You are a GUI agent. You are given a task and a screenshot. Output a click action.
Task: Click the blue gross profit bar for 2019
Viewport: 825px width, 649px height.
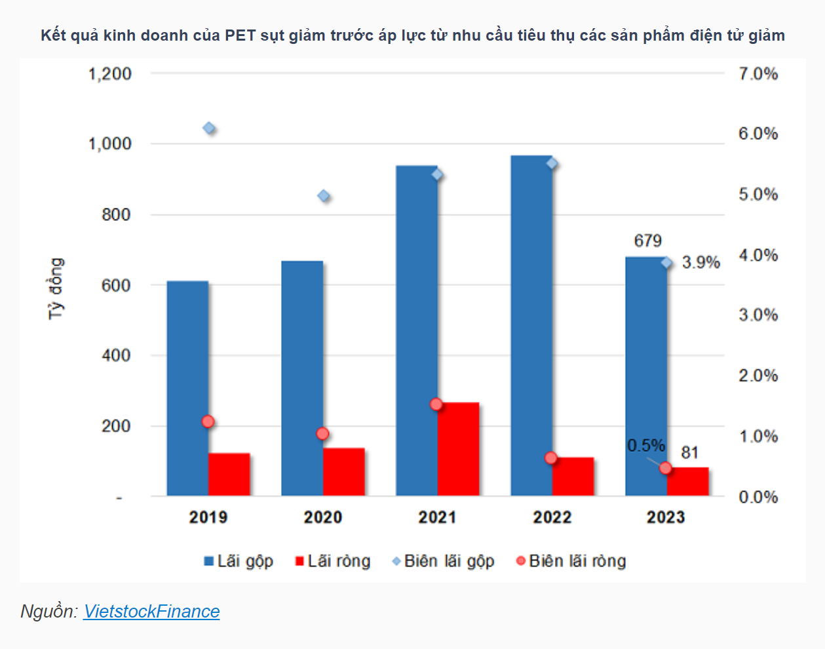pyautogui.click(x=187, y=388)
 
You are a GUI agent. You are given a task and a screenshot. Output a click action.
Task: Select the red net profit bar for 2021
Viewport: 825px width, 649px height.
pyautogui.click(x=459, y=449)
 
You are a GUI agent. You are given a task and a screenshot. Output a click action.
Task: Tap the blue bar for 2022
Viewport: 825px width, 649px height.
pyautogui.click(x=531, y=326)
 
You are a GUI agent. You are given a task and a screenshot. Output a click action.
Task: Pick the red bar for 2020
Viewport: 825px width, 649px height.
pyautogui.click(x=344, y=472)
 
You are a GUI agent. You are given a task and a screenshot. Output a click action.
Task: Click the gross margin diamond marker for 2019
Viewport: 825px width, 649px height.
pyautogui.click(x=209, y=128)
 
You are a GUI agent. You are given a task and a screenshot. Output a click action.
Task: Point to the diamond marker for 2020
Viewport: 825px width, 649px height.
pyautogui.click(x=324, y=196)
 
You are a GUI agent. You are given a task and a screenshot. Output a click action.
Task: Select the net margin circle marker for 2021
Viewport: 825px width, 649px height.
pyautogui.click(x=436, y=404)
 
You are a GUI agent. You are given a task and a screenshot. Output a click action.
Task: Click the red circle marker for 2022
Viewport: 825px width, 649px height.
pyautogui.click(x=551, y=458)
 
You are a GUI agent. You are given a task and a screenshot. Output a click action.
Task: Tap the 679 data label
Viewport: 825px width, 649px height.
pyautogui.click(x=648, y=241)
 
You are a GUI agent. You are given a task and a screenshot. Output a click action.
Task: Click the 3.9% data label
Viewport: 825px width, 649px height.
pyautogui.click(x=701, y=263)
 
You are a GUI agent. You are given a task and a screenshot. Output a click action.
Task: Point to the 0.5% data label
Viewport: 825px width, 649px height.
pyautogui.click(x=646, y=446)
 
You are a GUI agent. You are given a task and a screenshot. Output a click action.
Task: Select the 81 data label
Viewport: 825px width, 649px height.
pyautogui.click(x=689, y=452)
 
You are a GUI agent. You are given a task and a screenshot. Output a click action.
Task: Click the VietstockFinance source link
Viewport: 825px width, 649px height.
pyautogui.click(x=151, y=612)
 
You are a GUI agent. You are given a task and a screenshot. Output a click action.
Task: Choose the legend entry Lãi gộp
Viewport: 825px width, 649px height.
pyautogui.click(x=239, y=561)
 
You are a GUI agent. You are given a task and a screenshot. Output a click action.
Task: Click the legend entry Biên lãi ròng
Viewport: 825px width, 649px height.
pyautogui.click(x=571, y=561)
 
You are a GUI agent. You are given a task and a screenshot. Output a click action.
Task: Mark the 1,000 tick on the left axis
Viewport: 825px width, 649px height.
pyautogui.click(x=110, y=144)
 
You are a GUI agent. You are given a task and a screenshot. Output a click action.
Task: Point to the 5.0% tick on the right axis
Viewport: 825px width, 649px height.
pyautogui.click(x=759, y=195)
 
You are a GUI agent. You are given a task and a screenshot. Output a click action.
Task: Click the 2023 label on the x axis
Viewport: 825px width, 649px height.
pyautogui.click(x=666, y=517)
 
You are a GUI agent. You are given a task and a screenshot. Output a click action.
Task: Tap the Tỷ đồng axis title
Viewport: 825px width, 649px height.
pyautogui.click(x=56, y=288)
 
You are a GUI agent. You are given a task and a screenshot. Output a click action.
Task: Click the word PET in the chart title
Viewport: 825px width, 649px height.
pyautogui.click(x=240, y=35)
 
